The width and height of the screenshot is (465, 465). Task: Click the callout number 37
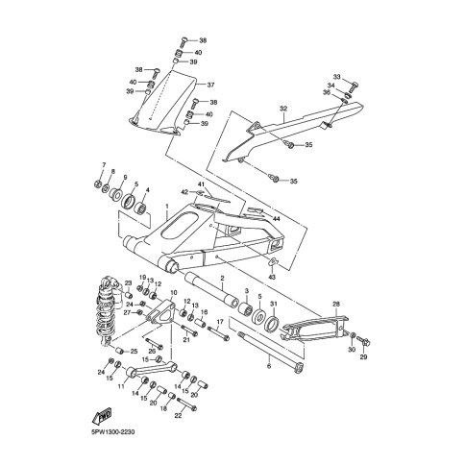(210, 86)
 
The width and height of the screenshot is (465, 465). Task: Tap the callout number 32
(283, 109)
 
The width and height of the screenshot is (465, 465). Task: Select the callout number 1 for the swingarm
(167, 207)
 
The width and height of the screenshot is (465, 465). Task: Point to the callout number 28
(336, 304)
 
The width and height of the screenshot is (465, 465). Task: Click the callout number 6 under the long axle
(269, 366)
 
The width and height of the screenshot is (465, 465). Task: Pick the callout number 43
(272, 277)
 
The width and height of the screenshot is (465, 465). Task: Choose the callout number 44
(276, 218)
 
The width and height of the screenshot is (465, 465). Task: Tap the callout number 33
(336, 77)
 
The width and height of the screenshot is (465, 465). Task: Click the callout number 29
(363, 357)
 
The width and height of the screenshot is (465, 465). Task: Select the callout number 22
(178, 416)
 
